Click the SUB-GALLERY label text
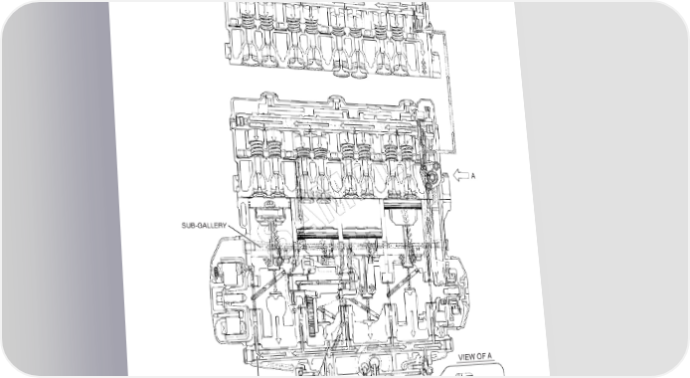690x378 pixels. coord(204,225)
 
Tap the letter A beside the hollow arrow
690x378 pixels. coord(473,176)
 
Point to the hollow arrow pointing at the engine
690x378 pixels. coord(461,176)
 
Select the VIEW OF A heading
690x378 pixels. coord(475,357)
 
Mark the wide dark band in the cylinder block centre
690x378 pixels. coord(339,233)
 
